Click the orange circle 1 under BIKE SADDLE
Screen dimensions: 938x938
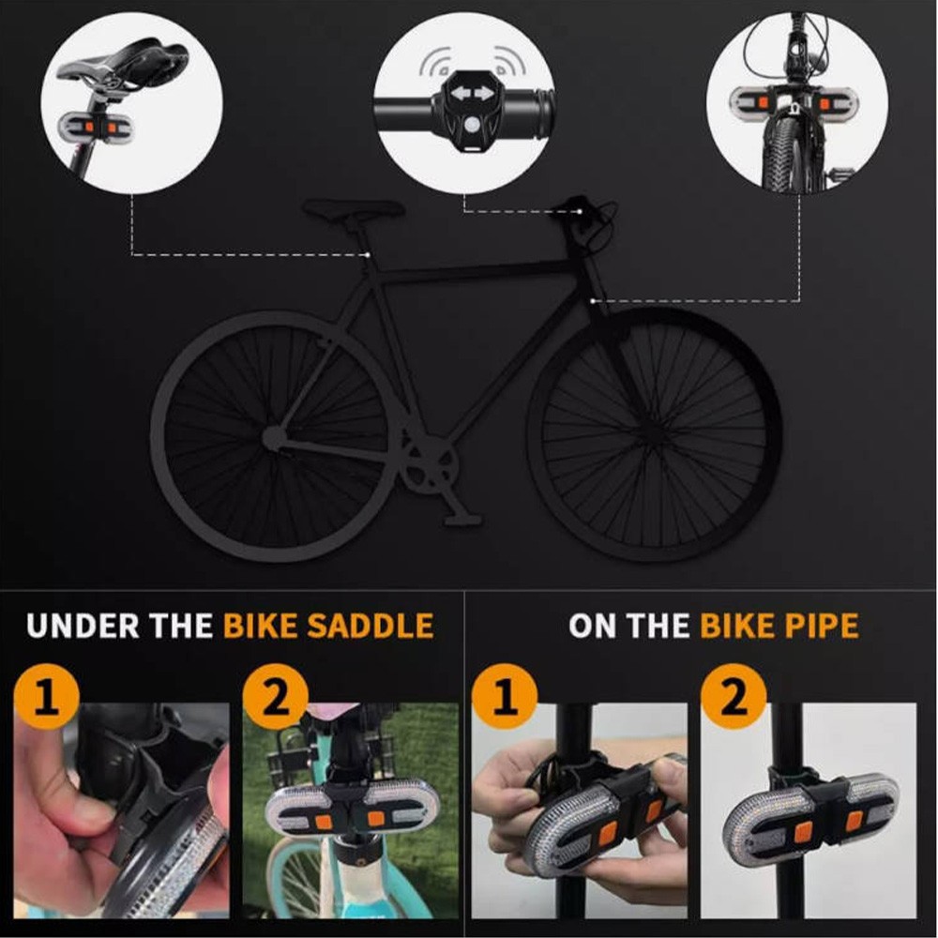[47, 696]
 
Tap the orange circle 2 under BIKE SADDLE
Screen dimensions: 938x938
[275, 696]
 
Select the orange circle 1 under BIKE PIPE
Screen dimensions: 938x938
[505, 696]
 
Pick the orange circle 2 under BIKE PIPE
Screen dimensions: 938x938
[734, 696]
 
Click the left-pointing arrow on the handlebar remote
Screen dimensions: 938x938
[461, 94]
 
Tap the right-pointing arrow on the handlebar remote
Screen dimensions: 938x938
[484, 94]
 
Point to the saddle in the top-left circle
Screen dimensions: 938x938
[123, 60]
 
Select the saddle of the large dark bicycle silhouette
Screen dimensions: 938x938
[354, 209]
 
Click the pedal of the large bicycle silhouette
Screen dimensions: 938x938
[462, 520]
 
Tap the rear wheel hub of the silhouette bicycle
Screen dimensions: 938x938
[273, 437]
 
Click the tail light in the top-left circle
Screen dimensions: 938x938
[97, 126]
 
